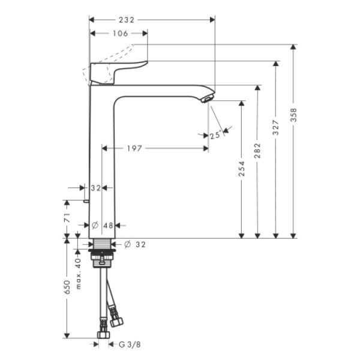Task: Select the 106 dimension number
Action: click(x=121, y=34)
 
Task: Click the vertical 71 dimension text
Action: click(x=67, y=224)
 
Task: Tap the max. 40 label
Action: click(x=78, y=271)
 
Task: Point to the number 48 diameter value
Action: click(x=109, y=225)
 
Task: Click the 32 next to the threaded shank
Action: click(x=139, y=244)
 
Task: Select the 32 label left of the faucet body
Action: click(x=95, y=187)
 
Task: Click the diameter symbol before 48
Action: click(x=95, y=225)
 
